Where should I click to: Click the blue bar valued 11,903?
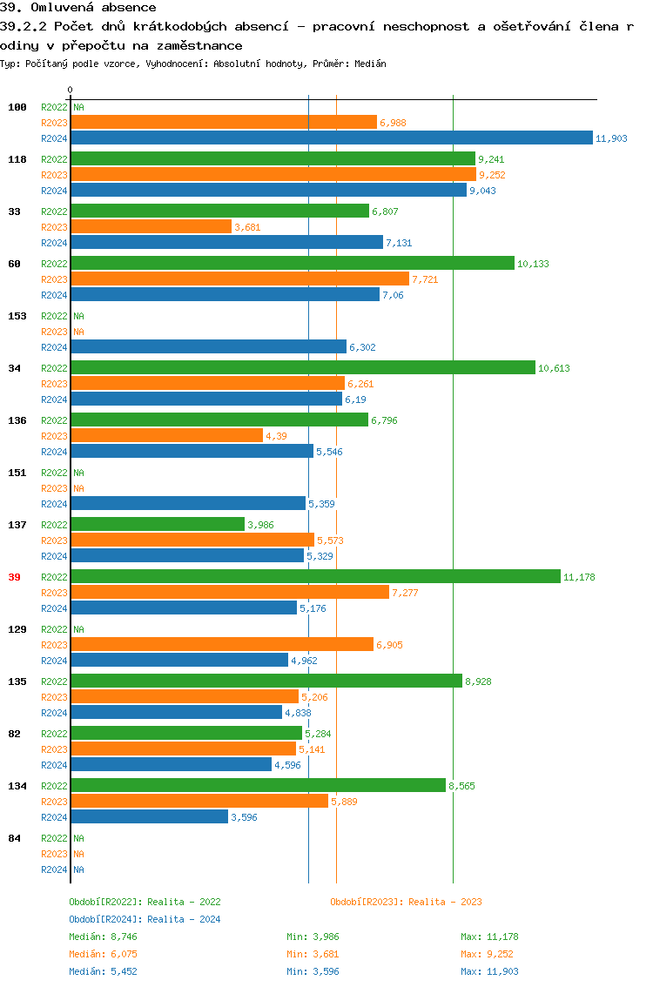[331, 138]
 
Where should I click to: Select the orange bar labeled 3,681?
[151, 226]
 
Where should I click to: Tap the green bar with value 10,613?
[302, 367]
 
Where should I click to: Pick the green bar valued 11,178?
[315, 576]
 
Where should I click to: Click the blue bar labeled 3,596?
[149, 816]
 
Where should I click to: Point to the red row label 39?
[15, 577]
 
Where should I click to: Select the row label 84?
[15, 838]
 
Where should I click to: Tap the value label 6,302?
[362, 347]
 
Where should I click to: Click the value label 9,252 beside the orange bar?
[492, 175]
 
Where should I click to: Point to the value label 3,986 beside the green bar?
[261, 525]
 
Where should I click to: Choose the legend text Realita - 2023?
[445, 902]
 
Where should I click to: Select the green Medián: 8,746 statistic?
[103, 937]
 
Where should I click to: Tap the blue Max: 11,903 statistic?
[489, 971]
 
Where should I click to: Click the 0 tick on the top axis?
[71, 90]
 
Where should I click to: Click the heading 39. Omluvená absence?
[77, 8]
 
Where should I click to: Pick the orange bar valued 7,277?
[230, 592]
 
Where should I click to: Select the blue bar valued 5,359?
[188, 503]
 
